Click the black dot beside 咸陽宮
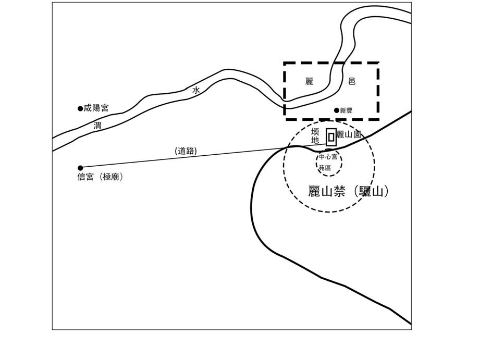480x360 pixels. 80,108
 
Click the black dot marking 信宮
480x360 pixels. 80,168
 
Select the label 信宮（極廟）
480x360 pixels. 101,177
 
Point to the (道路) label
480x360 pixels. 186,151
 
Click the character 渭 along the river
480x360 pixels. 97,126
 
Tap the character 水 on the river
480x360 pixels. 196,90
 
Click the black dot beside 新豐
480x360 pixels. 337,110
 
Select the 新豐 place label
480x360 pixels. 347,110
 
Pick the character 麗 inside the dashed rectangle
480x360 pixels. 309,81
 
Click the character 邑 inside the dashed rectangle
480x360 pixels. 352,81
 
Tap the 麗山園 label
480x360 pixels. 349,134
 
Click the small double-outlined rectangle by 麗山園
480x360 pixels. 331,137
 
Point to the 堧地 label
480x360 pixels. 315,136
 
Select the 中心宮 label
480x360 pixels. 328,157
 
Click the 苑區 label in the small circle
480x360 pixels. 325,168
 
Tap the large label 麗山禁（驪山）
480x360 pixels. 348,191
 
